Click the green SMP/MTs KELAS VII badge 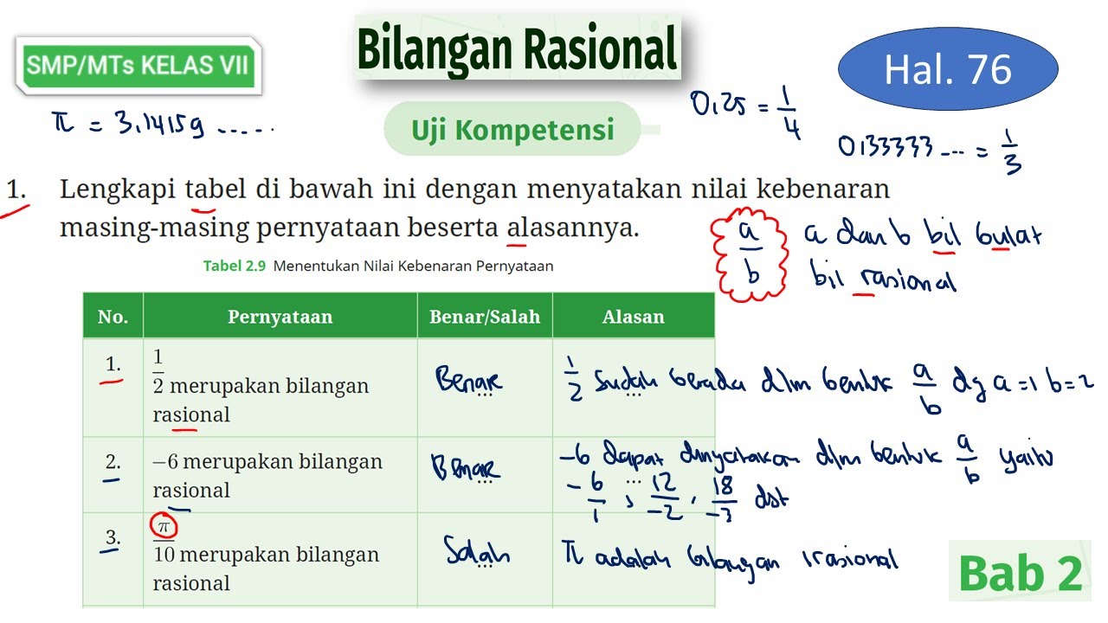pyautogui.click(x=138, y=65)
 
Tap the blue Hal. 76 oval pyautogui.click(x=948, y=69)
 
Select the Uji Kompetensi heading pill pyautogui.click(x=512, y=130)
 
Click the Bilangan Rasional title pyautogui.click(x=517, y=48)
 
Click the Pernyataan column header pyautogui.click(x=280, y=317)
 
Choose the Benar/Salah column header pyautogui.click(x=484, y=317)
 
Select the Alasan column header pyautogui.click(x=633, y=317)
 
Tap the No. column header pyautogui.click(x=113, y=317)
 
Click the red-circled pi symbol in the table pyautogui.click(x=162, y=526)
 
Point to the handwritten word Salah pyautogui.click(x=477, y=551)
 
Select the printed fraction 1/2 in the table pyautogui.click(x=158, y=370)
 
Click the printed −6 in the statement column pyautogui.click(x=165, y=462)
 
